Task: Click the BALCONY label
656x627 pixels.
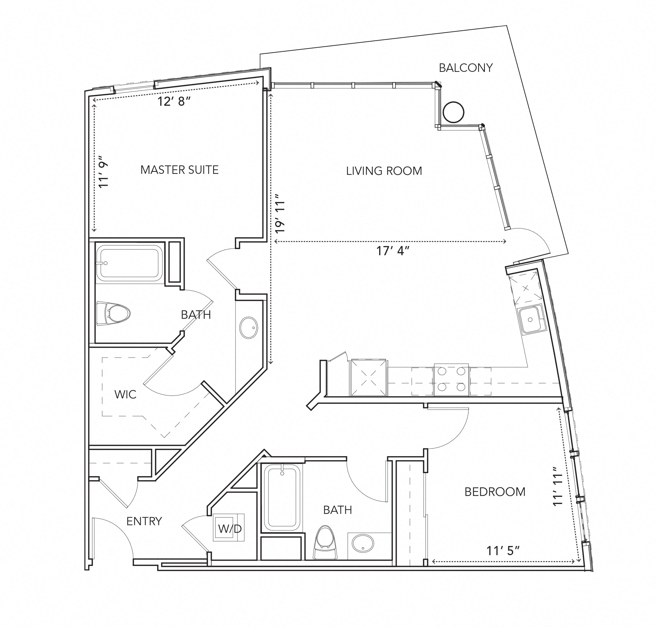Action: (466, 68)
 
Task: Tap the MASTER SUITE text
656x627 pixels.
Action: (179, 170)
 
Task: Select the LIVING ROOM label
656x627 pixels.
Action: (384, 171)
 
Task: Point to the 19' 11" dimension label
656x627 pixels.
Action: (281, 213)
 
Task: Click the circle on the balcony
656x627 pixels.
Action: (453, 112)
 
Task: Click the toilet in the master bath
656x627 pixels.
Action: (114, 313)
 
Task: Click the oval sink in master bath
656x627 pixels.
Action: (249, 327)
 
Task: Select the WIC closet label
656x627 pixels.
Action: (125, 395)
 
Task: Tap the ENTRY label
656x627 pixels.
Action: (144, 521)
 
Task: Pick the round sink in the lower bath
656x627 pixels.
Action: (363, 544)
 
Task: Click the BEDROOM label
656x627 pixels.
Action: (495, 492)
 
